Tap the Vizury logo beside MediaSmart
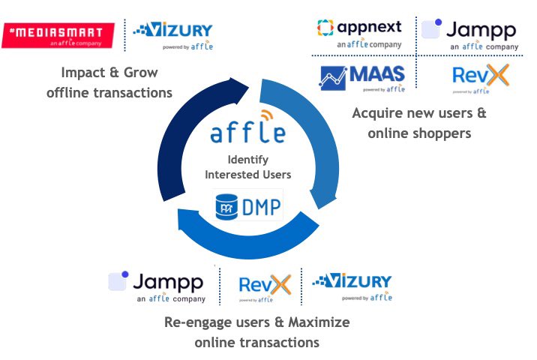click(172, 35)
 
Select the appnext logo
click(359, 33)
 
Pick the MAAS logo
click(363, 78)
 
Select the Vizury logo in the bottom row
click(352, 285)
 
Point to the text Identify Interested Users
click(247, 167)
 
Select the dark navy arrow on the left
click(172, 150)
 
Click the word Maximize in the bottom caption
click(319, 322)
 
